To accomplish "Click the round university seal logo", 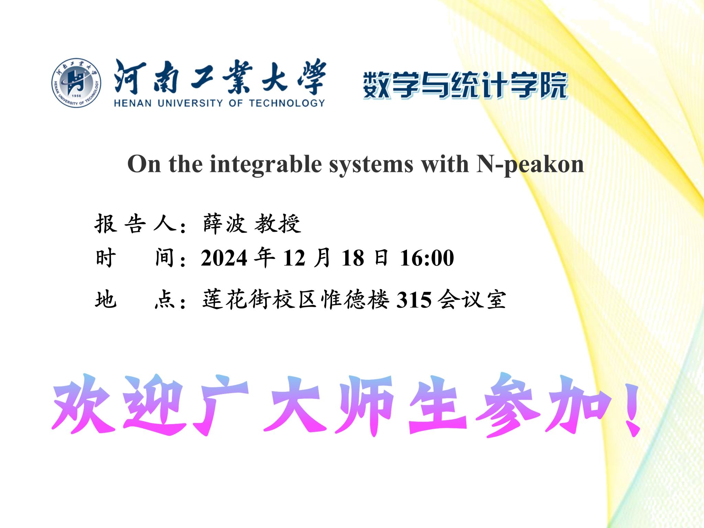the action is point(76,82).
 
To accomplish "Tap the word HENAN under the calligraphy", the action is point(132,103).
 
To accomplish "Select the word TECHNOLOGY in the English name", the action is point(287,103).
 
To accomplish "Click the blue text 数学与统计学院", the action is point(465,85).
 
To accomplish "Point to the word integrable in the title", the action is point(266,165).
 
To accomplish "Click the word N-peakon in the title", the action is point(530,165).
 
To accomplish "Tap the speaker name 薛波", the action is point(225,224).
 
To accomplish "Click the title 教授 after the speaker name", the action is point(278,224).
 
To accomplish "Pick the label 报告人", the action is point(136,224).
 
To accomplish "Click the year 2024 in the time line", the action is point(224,258).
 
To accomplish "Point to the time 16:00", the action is point(427,258).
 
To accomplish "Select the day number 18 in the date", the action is point(353,258).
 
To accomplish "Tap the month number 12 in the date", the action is point(294,258).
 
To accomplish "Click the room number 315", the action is point(414,300).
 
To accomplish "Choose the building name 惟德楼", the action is point(355,299).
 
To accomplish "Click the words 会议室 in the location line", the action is point(472,299).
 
